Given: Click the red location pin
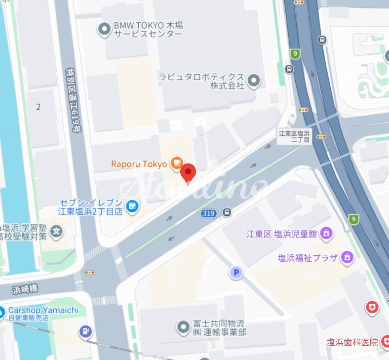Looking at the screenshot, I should (x=188, y=173).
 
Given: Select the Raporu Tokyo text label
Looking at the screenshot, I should (x=139, y=163).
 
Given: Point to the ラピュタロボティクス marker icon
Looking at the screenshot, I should (x=253, y=80).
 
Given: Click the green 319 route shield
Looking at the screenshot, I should (x=207, y=213).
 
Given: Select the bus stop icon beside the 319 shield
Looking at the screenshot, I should (x=227, y=212).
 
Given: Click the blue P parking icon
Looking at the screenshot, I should (x=236, y=272).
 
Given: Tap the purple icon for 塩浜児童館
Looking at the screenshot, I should (x=326, y=233).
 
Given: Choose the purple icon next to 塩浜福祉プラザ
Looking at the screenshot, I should (x=348, y=257).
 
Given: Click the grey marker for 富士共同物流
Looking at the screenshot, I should (x=183, y=326).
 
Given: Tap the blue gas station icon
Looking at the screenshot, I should (x=85, y=332).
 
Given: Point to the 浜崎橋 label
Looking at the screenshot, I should (x=25, y=287).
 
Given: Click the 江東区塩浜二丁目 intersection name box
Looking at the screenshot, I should (x=294, y=137).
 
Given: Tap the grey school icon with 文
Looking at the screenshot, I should (x=57, y=230).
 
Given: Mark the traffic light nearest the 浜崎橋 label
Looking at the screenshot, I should (x=89, y=272).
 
